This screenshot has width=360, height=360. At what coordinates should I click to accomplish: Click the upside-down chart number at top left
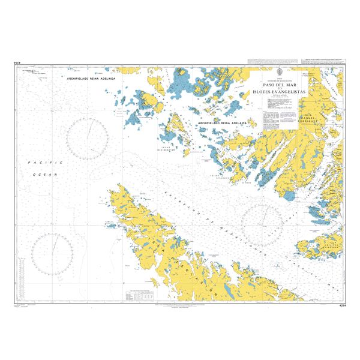tap(18, 63)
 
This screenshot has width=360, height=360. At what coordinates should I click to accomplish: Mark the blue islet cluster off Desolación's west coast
tap(110, 225)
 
